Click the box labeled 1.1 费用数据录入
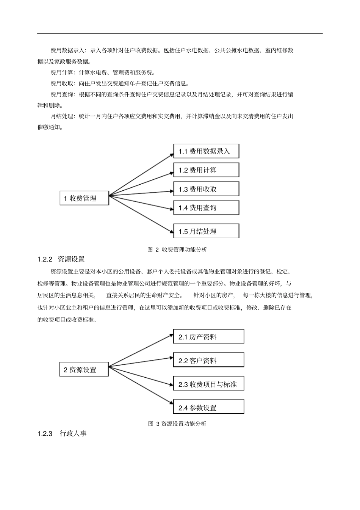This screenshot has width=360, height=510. (x=206, y=151)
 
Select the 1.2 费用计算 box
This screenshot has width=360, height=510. (x=206, y=170)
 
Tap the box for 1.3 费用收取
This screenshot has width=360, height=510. (x=206, y=189)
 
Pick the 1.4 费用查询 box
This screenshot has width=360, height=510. (x=206, y=208)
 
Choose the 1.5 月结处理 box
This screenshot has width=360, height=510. (x=206, y=231)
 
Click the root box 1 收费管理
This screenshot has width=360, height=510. (x=84, y=198)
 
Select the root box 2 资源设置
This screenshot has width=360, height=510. (x=84, y=370)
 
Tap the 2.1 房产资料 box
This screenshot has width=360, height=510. (x=208, y=337)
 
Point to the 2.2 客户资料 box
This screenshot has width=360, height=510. (x=208, y=360)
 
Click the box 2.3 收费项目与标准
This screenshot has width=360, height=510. (x=208, y=384)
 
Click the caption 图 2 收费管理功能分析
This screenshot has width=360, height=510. (x=177, y=250)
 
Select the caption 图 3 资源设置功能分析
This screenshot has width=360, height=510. (x=177, y=424)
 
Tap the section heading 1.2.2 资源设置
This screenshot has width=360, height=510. (x=61, y=259)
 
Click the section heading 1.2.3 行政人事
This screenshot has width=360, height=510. (x=62, y=433)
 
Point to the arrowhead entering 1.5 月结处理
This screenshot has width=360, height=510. (x=171, y=230)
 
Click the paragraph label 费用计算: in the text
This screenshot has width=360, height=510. (x=63, y=72)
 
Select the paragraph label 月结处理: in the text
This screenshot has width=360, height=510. (x=63, y=116)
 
